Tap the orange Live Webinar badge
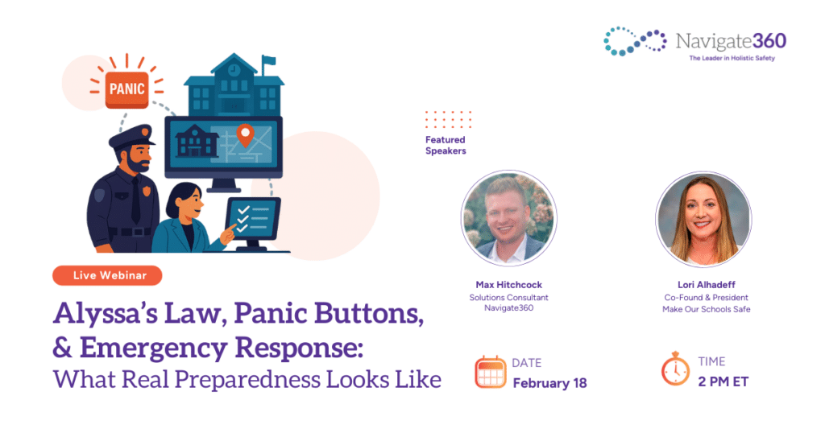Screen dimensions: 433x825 (x=107, y=275)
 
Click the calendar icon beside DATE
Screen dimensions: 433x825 (x=490, y=372)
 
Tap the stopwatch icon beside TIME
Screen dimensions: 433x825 (x=675, y=370)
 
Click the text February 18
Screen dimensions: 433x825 (x=549, y=383)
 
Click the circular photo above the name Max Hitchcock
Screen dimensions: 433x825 (x=508, y=218)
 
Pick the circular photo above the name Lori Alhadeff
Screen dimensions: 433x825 (x=703, y=218)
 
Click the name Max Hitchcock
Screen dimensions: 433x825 (x=508, y=285)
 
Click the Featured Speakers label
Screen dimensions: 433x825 (x=446, y=145)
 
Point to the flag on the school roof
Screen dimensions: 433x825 (x=268, y=61)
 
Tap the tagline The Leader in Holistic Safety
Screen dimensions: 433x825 (x=731, y=59)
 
